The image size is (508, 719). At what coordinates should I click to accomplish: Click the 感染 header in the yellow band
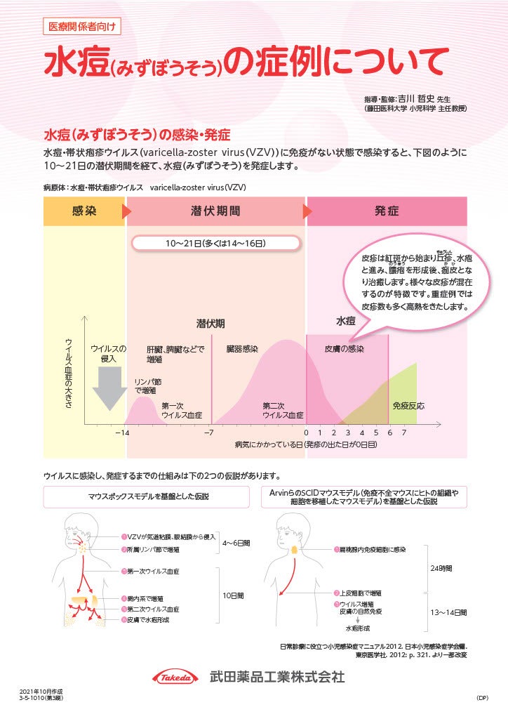click(84, 211)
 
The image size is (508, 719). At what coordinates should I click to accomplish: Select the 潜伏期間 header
click(215, 211)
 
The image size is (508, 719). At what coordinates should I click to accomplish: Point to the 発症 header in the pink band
click(387, 211)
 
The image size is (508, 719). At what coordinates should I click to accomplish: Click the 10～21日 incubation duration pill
click(215, 244)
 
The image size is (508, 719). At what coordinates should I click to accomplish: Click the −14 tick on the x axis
click(122, 433)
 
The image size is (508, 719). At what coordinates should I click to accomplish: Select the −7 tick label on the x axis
click(208, 433)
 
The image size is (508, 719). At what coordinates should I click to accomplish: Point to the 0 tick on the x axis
click(306, 433)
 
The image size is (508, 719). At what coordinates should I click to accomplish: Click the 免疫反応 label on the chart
click(408, 406)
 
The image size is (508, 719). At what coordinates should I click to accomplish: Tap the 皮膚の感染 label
click(344, 349)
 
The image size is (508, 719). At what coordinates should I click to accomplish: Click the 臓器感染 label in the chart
click(242, 349)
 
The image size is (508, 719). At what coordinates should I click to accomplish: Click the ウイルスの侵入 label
click(109, 353)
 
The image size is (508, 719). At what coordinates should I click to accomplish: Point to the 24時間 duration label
click(441, 568)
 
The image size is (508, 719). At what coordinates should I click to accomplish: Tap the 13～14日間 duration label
click(448, 612)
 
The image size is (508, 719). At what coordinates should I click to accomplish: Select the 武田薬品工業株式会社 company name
click(277, 678)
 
